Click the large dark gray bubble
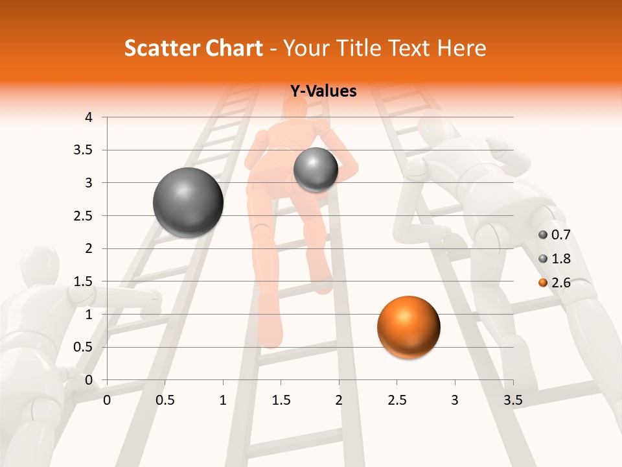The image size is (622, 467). coord(189,202)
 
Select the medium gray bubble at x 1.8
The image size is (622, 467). coord(316,169)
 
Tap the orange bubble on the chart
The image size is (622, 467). coord(408,327)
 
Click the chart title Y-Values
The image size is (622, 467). coord(323,91)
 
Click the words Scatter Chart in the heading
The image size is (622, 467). coord(194,48)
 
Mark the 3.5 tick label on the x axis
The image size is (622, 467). coord(513,400)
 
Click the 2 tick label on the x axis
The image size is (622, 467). coord(339,400)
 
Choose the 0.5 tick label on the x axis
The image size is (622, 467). coord(165,400)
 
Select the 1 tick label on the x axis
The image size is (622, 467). coord(223,400)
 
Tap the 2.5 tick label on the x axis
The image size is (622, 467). coord(397,400)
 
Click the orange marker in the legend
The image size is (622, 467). coord(542,282)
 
